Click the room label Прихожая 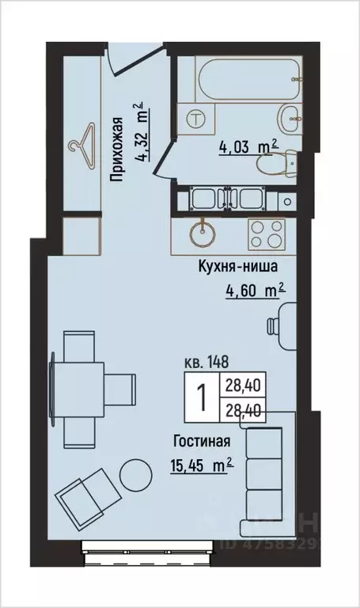click(x=116, y=150)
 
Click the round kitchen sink click(x=203, y=232)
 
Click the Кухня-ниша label click(x=237, y=268)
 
